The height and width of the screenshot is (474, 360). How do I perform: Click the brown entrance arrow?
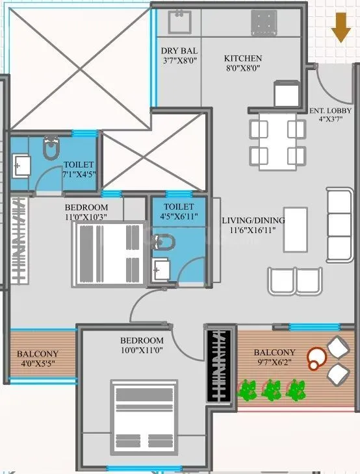pyautogui.click(x=339, y=28)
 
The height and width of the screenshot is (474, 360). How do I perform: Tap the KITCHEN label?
pyautogui.click(x=243, y=58)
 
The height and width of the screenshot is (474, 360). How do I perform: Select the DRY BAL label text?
pyautogui.click(x=179, y=51)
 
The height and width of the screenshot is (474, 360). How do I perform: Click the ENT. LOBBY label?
pyautogui.click(x=331, y=110)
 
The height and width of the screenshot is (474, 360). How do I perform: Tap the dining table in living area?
pyautogui.click(x=277, y=142)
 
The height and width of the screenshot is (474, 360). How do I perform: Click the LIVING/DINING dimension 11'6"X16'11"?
pyautogui.click(x=253, y=230)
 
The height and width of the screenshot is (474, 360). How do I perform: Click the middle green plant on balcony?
pyautogui.click(x=271, y=390)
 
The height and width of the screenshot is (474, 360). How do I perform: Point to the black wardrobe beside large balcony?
pyautogui.click(x=219, y=364)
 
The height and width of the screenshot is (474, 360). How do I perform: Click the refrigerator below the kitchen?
pyautogui.click(x=286, y=94)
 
